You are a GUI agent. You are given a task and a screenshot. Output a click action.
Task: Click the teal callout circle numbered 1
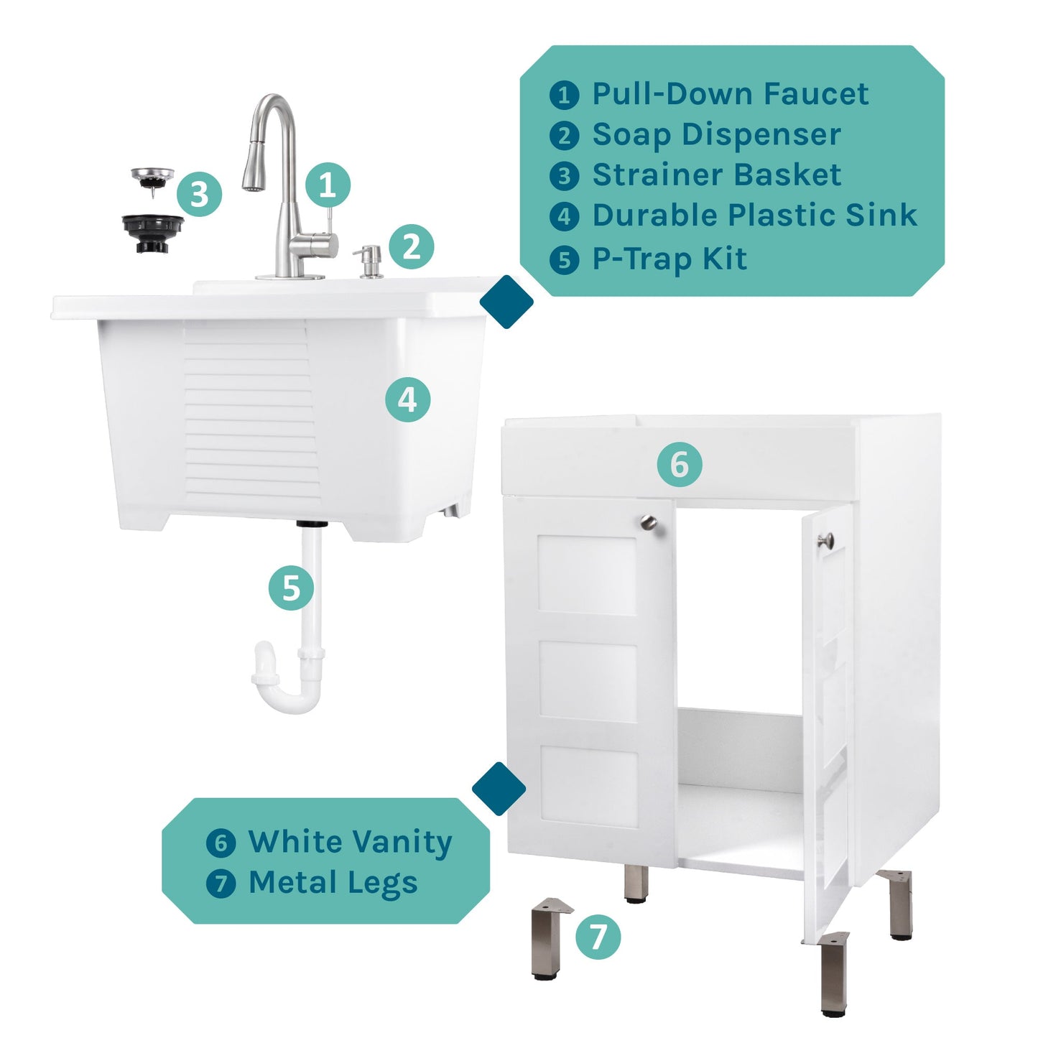[x=328, y=185]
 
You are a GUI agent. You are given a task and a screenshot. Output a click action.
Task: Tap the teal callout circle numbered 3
[x=199, y=194]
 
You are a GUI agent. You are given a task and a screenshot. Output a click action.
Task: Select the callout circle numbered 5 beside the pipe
[x=291, y=588]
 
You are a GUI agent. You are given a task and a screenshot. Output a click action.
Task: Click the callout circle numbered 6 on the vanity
[x=680, y=464]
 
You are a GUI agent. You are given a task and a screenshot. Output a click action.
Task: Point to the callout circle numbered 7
[x=598, y=937]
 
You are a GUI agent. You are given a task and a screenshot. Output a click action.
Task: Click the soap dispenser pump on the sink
[x=371, y=260]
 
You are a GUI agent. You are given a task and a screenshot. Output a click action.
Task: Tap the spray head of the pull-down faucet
[x=253, y=167]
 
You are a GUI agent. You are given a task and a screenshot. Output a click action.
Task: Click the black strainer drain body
[x=152, y=232]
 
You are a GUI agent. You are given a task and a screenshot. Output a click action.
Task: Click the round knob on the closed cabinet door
[x=649, y=522]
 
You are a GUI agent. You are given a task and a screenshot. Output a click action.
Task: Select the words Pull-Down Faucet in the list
[x=730, y=94]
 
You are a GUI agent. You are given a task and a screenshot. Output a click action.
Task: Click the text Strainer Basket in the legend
[x=716, y=175]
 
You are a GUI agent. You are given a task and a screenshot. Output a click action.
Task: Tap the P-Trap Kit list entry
[x=669, y=259]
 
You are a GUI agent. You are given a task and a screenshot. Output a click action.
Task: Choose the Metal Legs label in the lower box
[x=333, y=883]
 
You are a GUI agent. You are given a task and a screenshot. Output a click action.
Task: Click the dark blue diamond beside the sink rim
[x=506, y=302]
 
